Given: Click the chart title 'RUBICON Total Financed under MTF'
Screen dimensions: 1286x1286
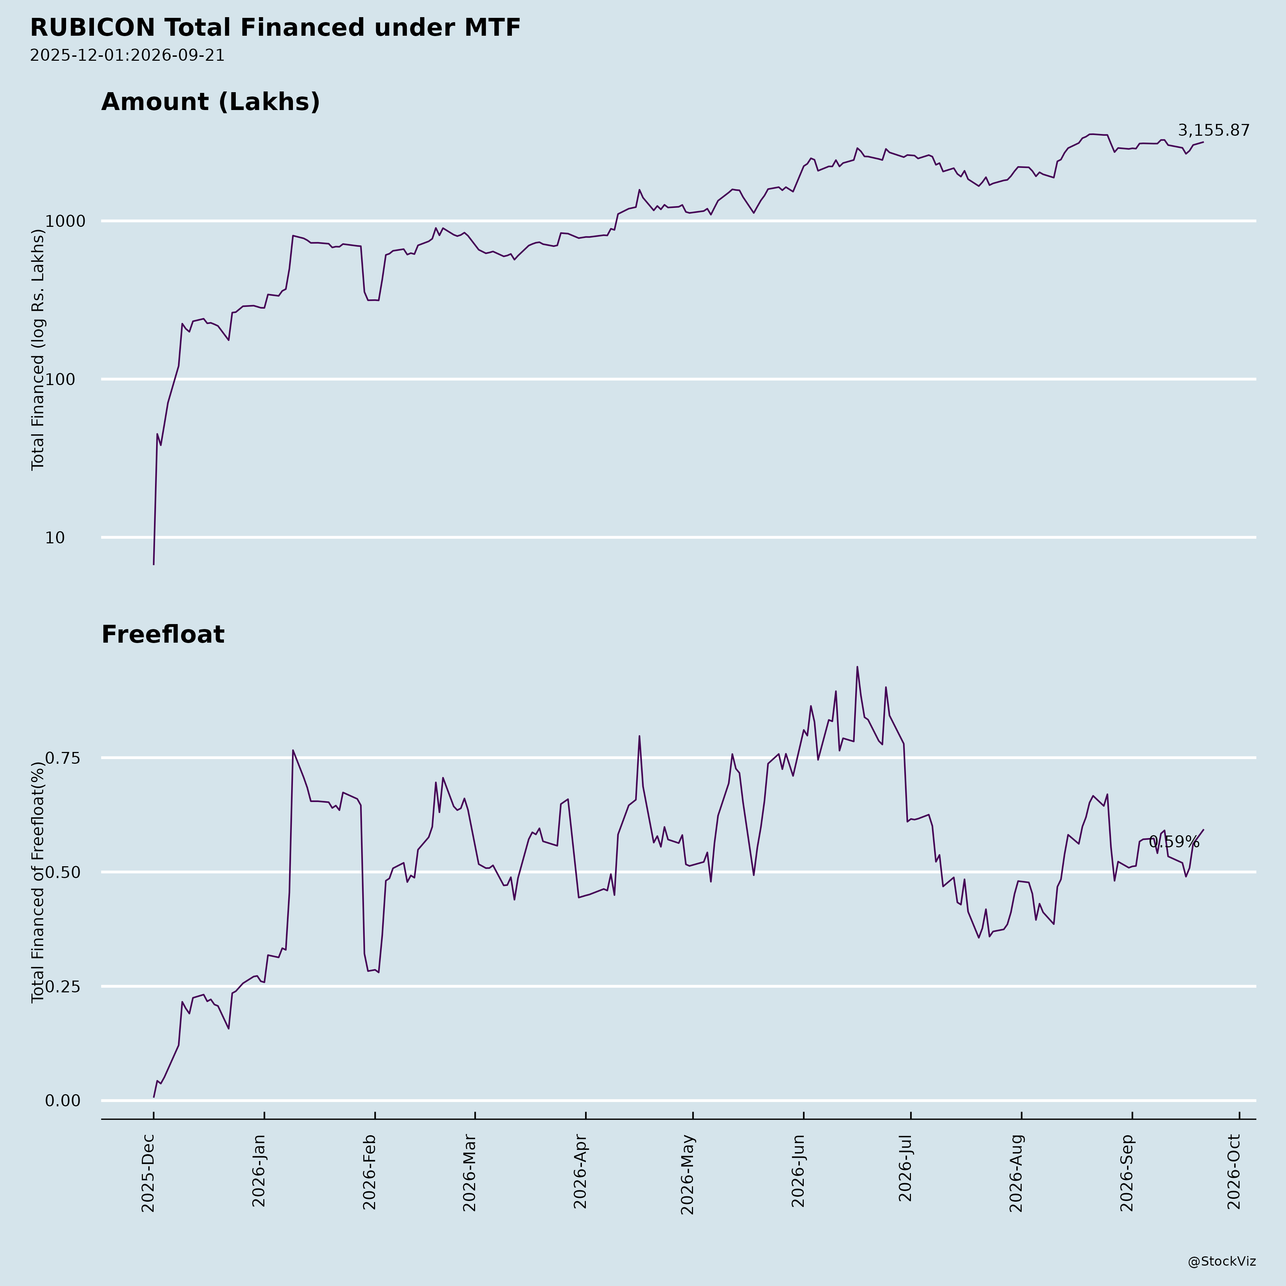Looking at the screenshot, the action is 275,28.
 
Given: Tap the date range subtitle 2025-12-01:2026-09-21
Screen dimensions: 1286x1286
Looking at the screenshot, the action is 127,55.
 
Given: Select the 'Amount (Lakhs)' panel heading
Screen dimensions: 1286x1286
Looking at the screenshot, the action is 210,103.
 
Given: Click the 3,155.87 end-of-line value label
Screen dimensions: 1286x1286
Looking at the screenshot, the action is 1213,130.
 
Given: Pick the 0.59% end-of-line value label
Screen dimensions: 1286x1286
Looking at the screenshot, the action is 1174,842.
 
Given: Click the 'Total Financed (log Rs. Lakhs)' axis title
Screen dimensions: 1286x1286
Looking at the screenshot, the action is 38,349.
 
